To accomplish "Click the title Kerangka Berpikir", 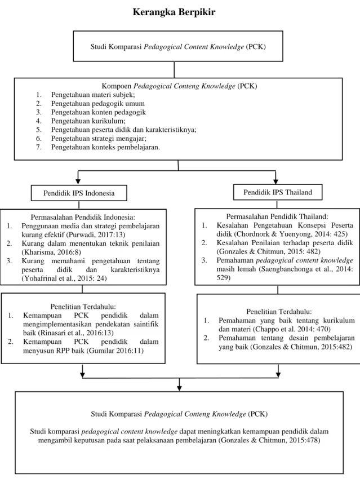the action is point(174,12).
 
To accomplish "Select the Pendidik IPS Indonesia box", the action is point(79,193).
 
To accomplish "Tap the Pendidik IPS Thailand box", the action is point(278,192).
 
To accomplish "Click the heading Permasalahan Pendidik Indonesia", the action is point(83,217).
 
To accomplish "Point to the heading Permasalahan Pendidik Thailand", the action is point(277,216).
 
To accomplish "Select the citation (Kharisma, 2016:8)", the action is point(51,252).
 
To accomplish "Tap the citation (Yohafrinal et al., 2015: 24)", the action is point(64,278).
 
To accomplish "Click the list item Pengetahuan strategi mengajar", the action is point(99,139).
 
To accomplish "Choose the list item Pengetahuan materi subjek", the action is point(93,95).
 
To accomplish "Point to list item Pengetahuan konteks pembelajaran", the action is point(105,147).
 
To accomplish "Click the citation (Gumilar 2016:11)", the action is point(115,351).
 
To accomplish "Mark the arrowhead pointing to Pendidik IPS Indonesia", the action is point(78,182).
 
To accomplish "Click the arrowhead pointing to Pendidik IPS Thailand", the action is point(276,181).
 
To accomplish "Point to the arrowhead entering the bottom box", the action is point(179,388).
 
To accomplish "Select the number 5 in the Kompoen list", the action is point(38,130).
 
